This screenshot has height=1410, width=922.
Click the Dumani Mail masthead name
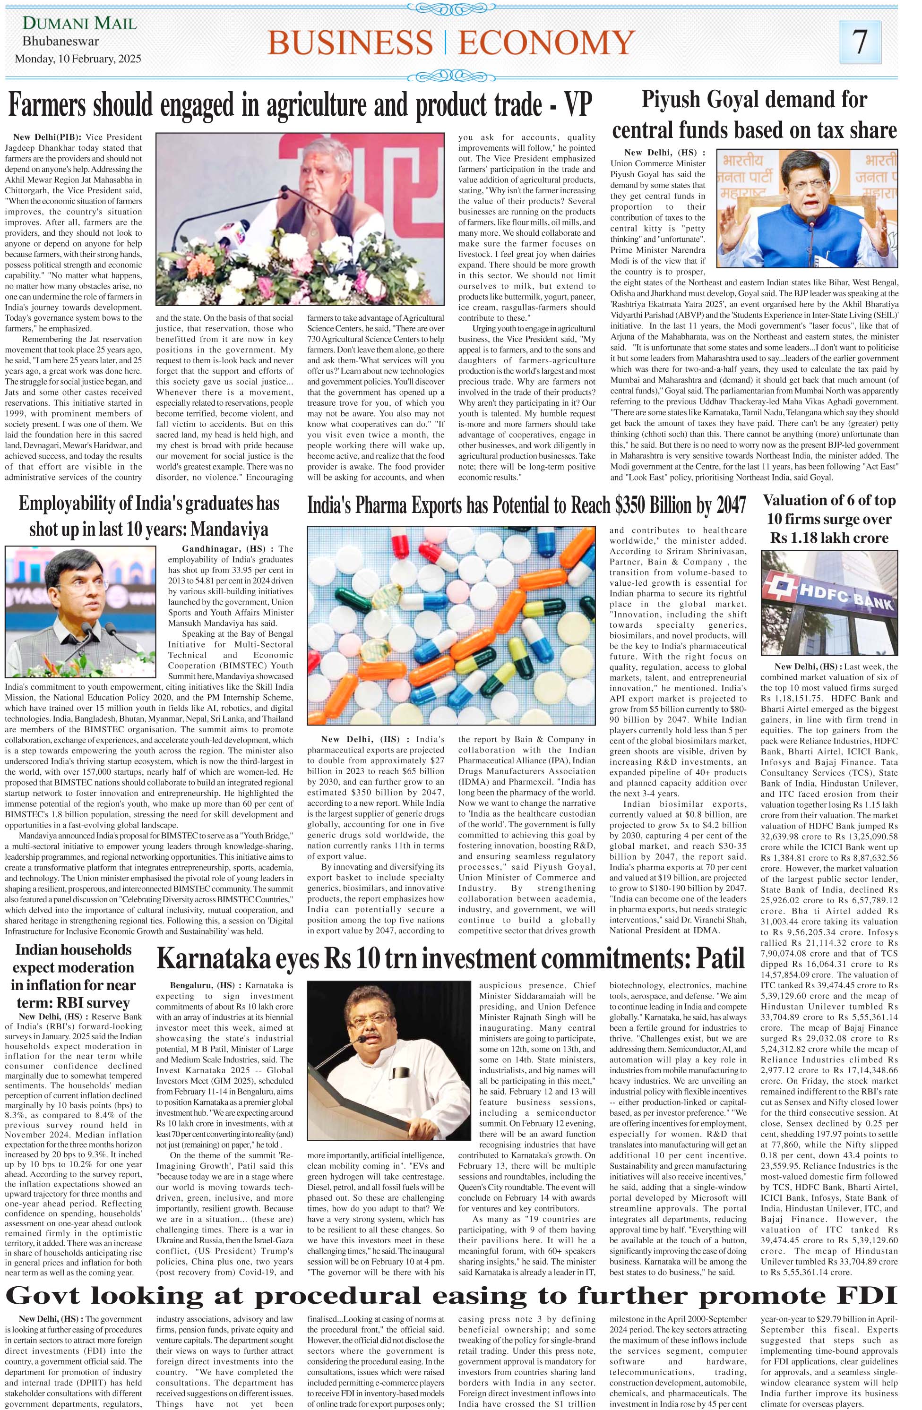coord(79,24)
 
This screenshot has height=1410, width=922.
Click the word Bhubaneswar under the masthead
coord(61,42)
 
